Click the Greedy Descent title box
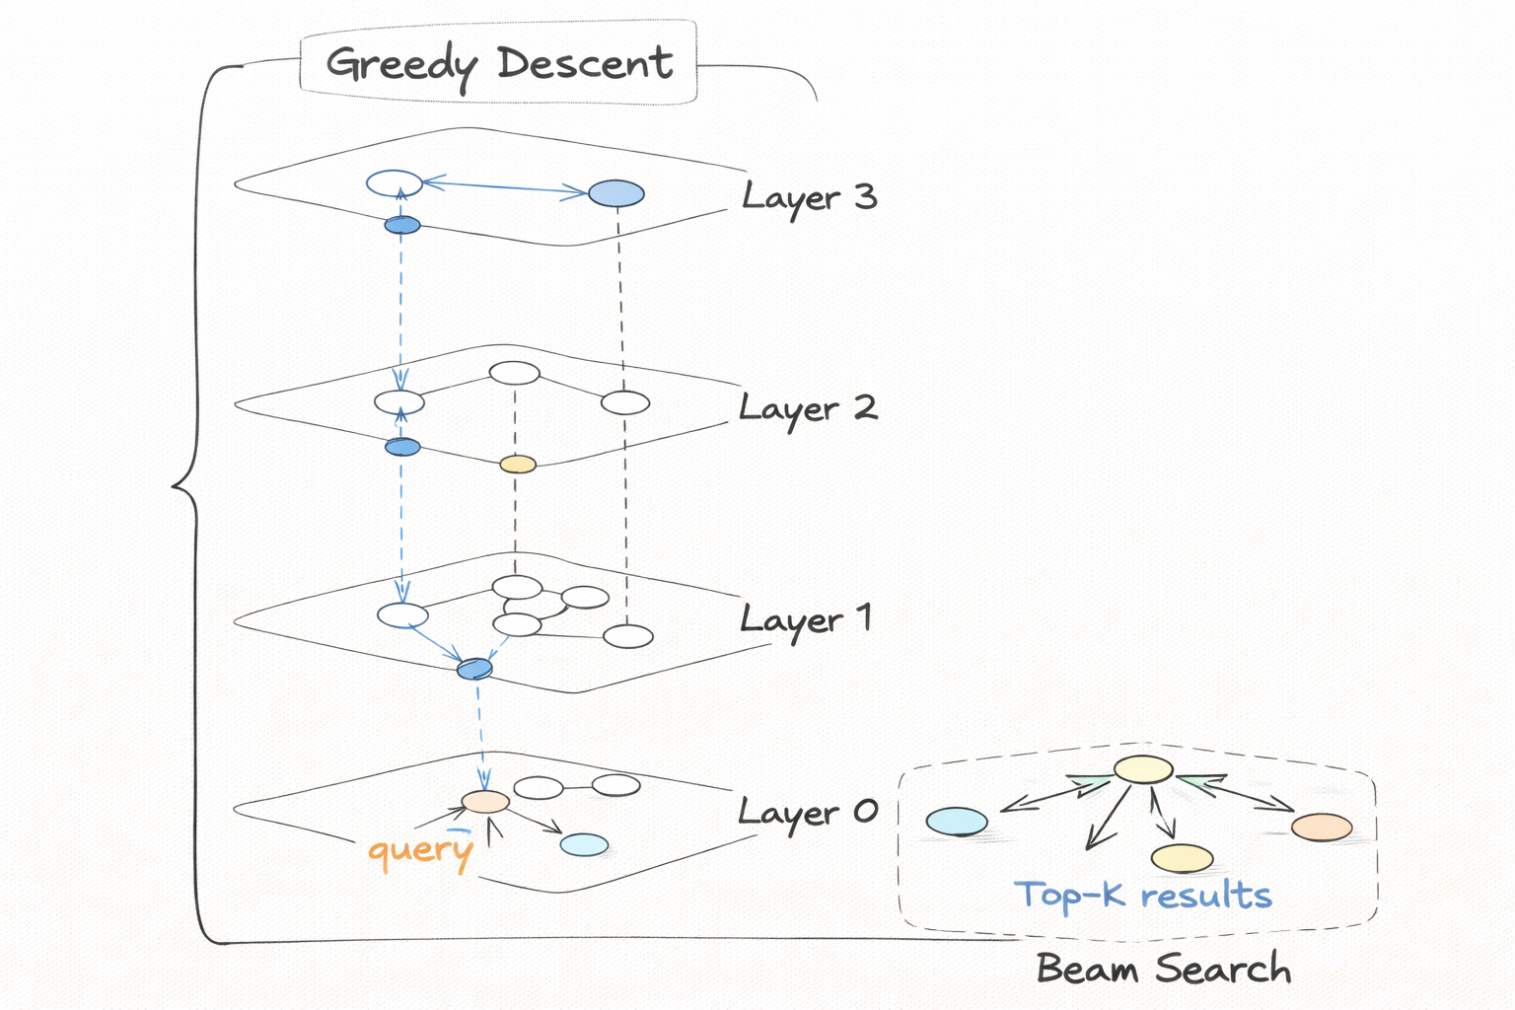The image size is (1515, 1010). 498,64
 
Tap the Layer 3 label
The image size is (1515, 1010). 809,197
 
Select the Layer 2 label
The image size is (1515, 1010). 808,408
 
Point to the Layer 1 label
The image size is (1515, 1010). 806,620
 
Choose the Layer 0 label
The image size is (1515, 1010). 808,813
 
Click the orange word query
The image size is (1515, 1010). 421,850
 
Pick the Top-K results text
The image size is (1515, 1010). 1142,896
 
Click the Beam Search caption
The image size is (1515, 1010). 1164,969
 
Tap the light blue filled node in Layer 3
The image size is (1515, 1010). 616,193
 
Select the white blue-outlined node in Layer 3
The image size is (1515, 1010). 395,183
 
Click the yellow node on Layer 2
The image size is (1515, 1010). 518,464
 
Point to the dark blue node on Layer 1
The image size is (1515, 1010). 474,670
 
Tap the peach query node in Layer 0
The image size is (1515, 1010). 485,801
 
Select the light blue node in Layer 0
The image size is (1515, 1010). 584,844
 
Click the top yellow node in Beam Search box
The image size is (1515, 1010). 1143,768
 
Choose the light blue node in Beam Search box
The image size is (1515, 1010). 957,821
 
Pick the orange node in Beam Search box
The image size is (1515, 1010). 1322,827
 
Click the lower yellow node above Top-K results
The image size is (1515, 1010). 1182,858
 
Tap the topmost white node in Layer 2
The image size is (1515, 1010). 515,373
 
